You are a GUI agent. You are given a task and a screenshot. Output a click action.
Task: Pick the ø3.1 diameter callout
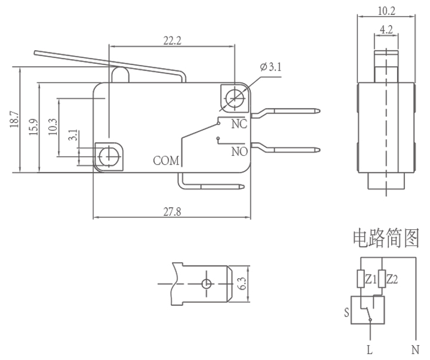click(x=271, y=67)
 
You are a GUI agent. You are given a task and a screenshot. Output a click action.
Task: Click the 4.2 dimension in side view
click(x=386, y=28)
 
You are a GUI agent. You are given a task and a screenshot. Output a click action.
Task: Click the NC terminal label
click(x=239, y=124)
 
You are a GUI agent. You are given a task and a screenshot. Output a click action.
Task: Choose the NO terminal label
click(x=239, y=152)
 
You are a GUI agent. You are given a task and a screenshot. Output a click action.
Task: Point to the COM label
click(x=165, y=161)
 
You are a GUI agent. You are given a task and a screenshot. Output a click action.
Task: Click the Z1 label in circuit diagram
click(x=370, y=279)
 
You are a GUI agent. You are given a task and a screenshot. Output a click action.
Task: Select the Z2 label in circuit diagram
click(x=392, y=279)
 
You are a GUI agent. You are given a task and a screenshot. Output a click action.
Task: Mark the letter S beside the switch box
click(x=347, y=311)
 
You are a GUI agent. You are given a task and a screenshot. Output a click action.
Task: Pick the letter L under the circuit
click(x=370, y=349)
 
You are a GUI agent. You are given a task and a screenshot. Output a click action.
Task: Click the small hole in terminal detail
click(x=206, y=284)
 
